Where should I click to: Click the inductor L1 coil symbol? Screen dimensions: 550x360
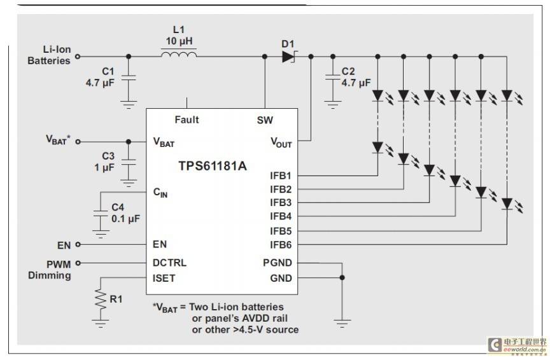179,54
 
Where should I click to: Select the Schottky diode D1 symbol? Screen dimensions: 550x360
289,57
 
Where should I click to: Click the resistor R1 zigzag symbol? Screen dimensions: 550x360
101,299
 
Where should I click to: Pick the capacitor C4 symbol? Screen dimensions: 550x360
101,214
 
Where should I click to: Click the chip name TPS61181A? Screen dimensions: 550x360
213,166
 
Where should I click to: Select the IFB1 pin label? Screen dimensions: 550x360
281,176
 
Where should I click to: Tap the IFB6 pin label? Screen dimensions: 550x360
281,245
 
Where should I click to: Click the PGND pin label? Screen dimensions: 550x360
278,263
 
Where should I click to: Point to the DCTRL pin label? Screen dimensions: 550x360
169,263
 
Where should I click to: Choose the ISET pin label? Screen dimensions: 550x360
164,279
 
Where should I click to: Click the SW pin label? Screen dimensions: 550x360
265,120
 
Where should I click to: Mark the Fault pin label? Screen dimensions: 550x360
187,120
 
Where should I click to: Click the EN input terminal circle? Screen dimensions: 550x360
78,244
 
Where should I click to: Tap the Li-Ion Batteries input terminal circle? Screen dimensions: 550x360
78,57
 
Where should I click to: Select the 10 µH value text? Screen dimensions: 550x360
179,41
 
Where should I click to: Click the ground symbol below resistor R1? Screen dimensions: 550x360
101,324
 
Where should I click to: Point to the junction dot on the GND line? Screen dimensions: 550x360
342,277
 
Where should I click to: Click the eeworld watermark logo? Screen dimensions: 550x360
518,345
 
